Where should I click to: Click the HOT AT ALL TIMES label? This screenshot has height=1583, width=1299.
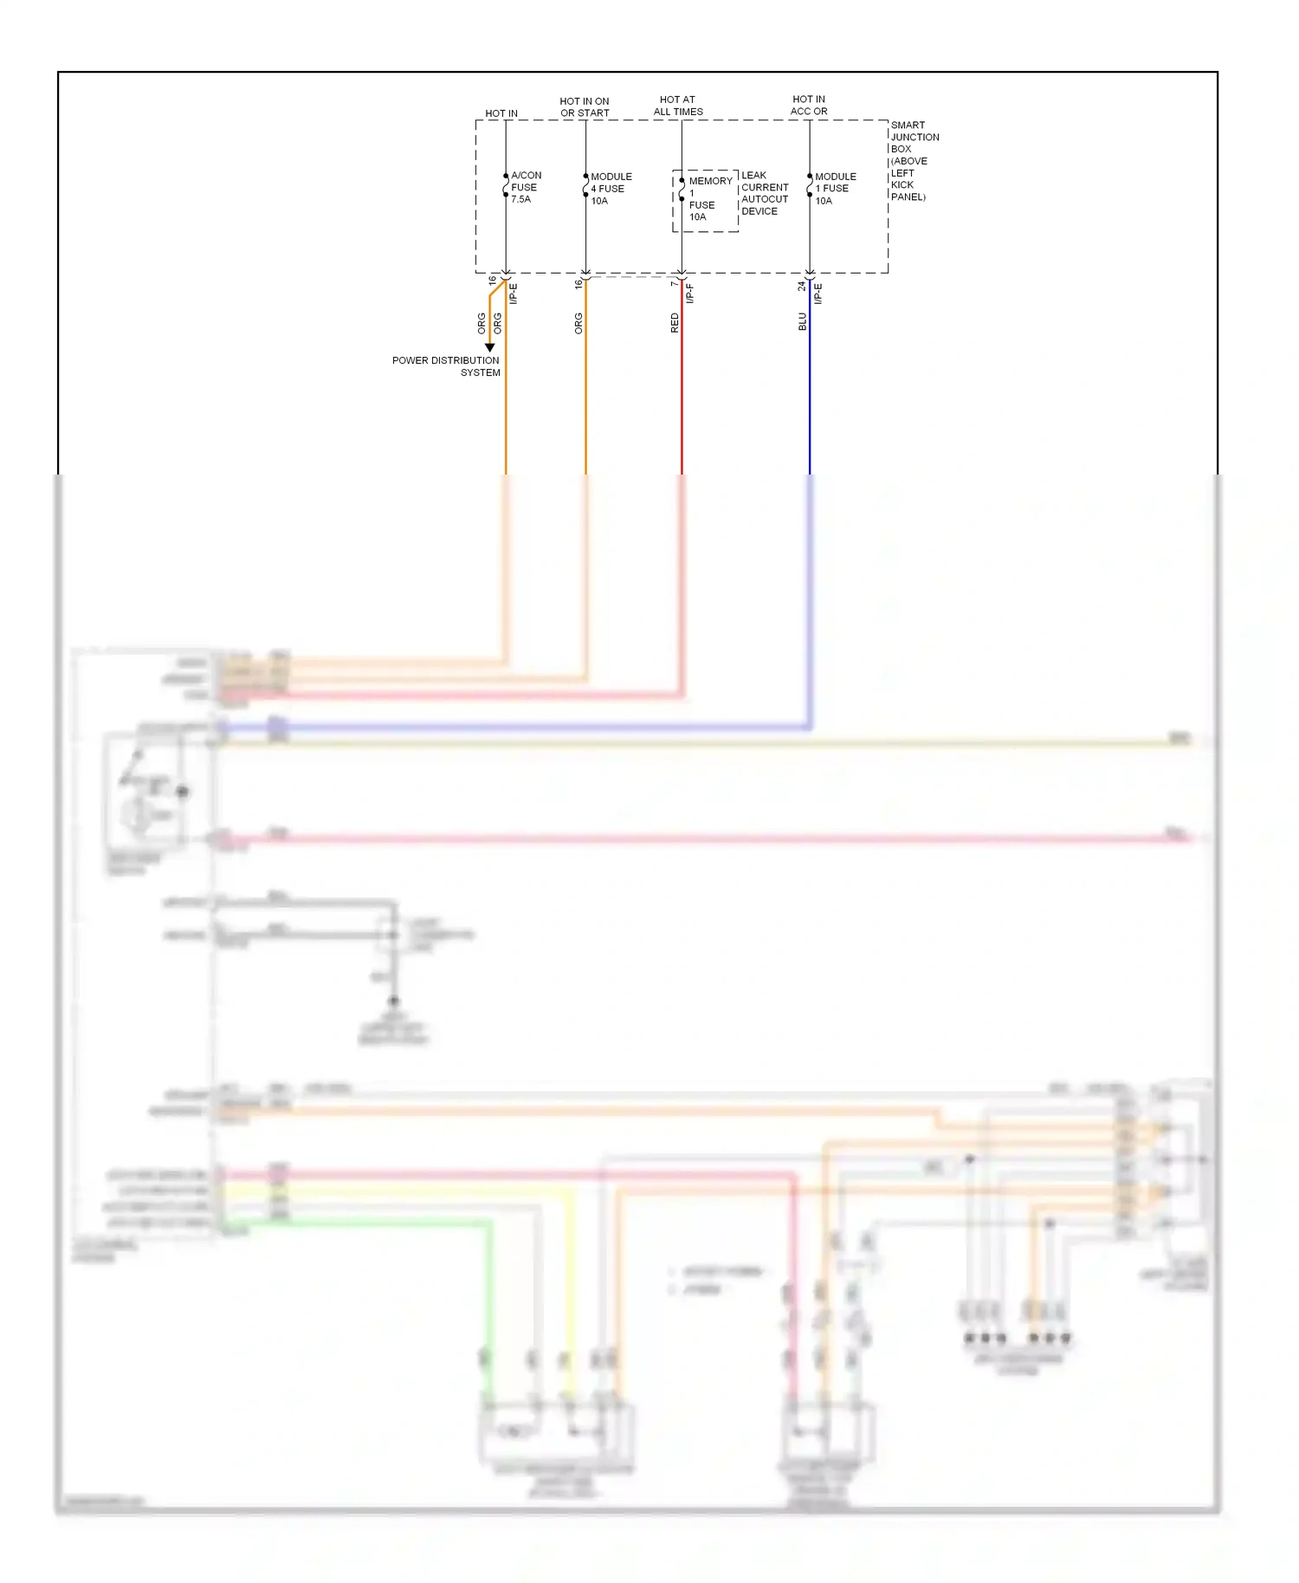pyautogui.click(x=678, y=106)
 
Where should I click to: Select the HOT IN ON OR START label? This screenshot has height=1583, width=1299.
pyautogui.click(x=585, y=107)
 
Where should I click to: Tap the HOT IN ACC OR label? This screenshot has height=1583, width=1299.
pyautogui.click(x=809, y=106)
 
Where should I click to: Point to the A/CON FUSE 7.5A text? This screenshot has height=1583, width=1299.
pyautogui.click(x=526, y=187)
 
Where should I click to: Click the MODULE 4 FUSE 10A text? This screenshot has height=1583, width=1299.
pyautogui.click(x=611, y=188)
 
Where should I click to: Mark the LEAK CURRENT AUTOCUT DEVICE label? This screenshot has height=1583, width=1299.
pyautogui.click(x=765, y=193)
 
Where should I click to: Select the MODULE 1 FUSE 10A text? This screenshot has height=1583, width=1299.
pyautogui.click(x=835, y=188)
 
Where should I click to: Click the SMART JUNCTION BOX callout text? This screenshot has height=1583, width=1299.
pyautogui.click(x=914, y=161)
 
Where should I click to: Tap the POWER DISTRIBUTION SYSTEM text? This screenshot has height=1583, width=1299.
pyautogui.click(x=446, y=366)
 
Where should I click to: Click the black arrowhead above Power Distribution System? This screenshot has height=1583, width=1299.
pyautogui.click(x=489, y=347)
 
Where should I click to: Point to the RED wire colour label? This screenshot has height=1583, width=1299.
pyautogui.click(x=675, y=323)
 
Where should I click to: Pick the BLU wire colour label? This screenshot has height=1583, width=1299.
pyautogui.click(x=802, y=321)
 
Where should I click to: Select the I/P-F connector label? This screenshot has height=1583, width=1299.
pyautogui.click(x=690, y=294)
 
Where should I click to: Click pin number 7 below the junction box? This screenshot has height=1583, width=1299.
pyautogui.click(x=673, y=283)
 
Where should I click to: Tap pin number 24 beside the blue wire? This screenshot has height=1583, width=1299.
pyautogui.click(x=801, y=285)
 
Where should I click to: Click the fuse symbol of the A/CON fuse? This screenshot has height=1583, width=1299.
pyautogui.click(x=506, y=185)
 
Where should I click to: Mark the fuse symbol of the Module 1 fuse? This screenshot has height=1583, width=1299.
pyautogui.click(x=810, y=185)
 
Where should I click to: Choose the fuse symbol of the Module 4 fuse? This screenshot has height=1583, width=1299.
pyautogui.click(x=585, y=185)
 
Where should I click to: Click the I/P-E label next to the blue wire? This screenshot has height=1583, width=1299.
pyautogui.click(x=818, y=294)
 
